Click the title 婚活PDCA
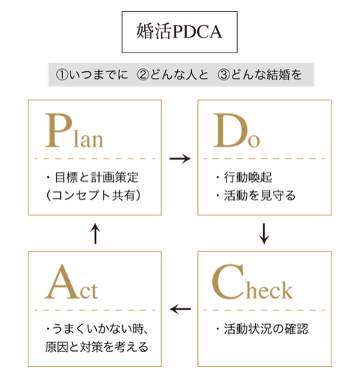(179, 31)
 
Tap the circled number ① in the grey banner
(62, 75)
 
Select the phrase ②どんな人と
(172, 75)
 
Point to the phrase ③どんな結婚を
(259, 75)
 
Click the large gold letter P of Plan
(58, 130)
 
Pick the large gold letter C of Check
(228, 281)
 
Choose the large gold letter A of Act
(62, 282)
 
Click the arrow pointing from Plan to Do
(180, 158)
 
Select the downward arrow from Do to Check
(264, 233)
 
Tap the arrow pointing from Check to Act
(180, 309)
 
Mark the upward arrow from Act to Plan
(95, 233)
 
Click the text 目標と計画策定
(97, 177)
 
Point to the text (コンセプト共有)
(93, 195)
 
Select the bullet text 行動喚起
(247, 177)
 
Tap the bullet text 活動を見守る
(259, 195)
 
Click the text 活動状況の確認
(266, 328)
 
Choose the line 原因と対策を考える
(97, 346)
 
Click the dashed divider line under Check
(264, 310)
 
